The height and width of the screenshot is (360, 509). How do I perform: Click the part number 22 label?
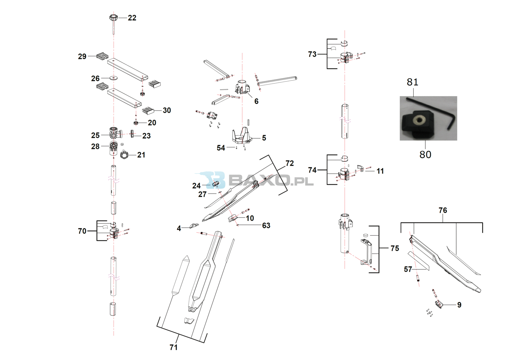point(132,18)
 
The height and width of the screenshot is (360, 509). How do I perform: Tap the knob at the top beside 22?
point(114,17)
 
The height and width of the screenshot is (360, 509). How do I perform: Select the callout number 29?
point(82,56)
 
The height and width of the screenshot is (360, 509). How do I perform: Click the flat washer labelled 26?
point(113,78)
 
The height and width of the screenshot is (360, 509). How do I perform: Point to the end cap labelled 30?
point(148,110)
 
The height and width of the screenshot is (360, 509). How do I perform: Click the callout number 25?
point(95,135)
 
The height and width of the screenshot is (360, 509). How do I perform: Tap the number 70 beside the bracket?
point(82,231)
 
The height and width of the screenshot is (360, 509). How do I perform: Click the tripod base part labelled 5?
point(241,135)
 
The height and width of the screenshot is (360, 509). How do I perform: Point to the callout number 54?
point(221,148)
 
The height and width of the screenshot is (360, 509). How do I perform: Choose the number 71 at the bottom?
point(173,347)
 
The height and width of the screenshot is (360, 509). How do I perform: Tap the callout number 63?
point(266,225)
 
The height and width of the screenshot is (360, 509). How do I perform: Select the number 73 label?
point(312,54)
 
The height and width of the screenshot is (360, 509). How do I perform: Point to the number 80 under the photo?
point(425,155)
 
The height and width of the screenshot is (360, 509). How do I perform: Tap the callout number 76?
point(443,210)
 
